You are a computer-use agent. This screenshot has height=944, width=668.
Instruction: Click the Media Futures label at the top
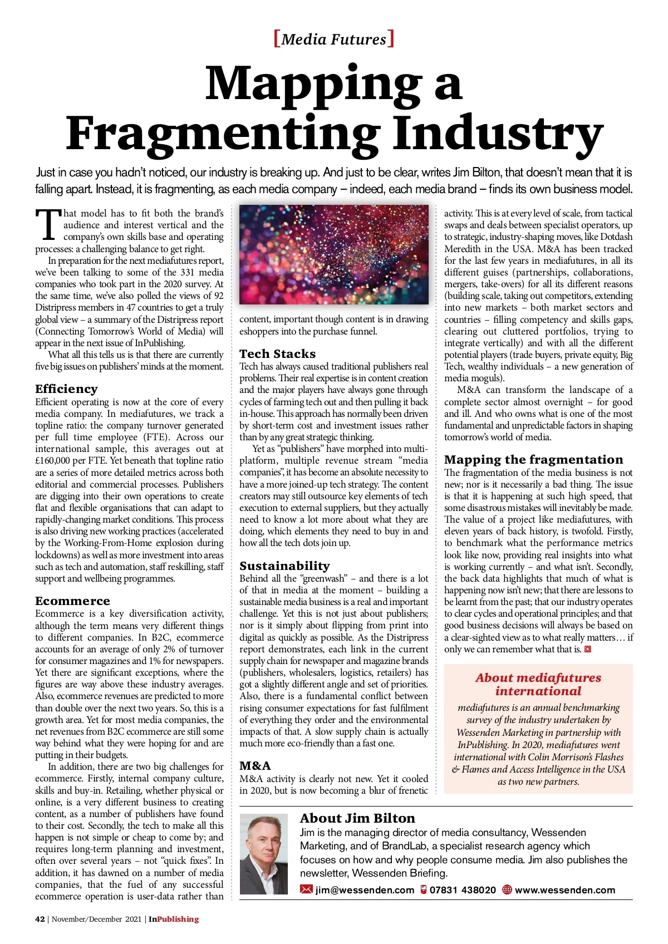coord(334,39)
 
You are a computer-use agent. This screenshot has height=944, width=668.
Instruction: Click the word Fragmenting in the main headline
coord(223,134)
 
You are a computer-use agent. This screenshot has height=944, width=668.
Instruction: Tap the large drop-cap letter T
coord(48,225)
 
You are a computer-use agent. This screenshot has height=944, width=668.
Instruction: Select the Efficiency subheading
coord(66,389)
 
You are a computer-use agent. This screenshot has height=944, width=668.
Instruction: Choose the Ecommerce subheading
coord(72,601)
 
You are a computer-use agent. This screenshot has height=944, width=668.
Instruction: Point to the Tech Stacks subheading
coord(277,353)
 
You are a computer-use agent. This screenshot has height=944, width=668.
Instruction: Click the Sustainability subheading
coord(284,566)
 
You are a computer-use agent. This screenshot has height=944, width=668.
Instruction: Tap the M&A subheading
coord(255,765)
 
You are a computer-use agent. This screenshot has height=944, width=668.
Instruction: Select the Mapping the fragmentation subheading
coord(533,459)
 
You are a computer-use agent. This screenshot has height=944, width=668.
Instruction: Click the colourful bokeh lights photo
coord(334,254)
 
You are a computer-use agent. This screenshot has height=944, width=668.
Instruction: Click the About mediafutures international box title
coord(538,684)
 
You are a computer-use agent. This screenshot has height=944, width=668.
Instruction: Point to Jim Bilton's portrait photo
coord(264,854)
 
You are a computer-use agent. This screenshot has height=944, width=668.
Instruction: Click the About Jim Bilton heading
coord(357,818)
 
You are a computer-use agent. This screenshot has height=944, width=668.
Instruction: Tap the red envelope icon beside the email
coord(306,889)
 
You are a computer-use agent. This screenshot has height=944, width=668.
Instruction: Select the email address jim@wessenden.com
coord(365,889)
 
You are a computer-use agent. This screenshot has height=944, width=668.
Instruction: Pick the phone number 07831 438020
coord(463,889)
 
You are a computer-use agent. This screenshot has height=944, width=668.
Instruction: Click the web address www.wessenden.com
coord(565,889)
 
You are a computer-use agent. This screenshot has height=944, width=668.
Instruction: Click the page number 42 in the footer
coord(40,919)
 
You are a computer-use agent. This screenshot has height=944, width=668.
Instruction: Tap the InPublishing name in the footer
coord(174,919)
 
